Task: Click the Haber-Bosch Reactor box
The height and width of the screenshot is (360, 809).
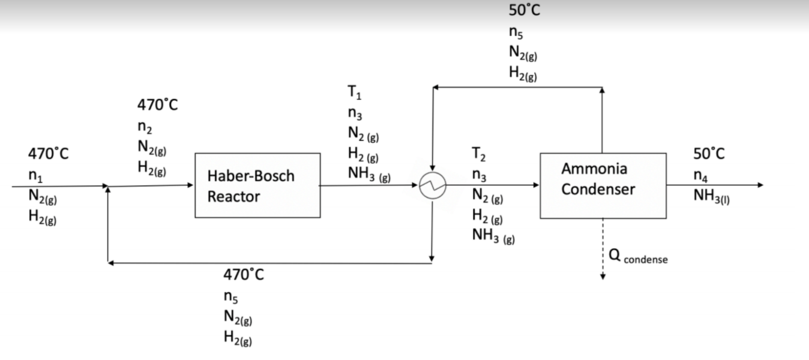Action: point(257,185)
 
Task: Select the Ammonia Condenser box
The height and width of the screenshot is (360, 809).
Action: point(603,185)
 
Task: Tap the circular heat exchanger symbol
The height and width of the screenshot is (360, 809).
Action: point(432,185)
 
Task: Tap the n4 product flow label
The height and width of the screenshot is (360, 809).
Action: point(700,176)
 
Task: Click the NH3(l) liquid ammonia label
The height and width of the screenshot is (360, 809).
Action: point(711,196)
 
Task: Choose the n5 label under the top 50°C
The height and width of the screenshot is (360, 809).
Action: point(516,34)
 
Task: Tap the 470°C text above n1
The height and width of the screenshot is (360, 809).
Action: point(48,154)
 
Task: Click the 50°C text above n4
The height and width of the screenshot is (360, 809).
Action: point(709,154)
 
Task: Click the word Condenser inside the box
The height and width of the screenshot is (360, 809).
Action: point(598,190)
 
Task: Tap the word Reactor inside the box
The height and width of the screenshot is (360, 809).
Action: point(234,197)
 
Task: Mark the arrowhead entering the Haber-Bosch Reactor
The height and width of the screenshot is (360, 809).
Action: point(191,185)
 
